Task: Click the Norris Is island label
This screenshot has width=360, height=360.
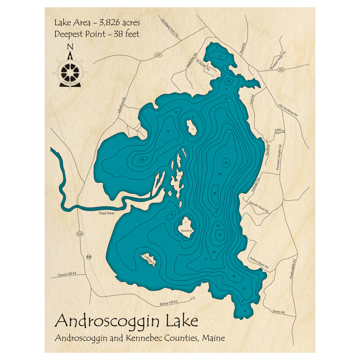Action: point(186,231)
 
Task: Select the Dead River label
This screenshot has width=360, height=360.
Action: point(106,213)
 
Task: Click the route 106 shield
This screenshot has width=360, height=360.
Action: point(80,234)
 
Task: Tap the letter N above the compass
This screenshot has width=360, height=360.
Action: point(70,46)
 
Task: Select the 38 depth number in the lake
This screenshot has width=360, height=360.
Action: point(215,193)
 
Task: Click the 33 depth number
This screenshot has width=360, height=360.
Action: point(226,163)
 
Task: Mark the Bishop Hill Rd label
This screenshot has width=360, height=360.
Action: point(169,303)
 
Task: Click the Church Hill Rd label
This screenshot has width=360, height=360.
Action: point(67,274)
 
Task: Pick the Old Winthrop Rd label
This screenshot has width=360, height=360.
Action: point(288,110)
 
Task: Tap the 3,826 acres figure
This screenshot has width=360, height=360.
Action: point(117,23)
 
